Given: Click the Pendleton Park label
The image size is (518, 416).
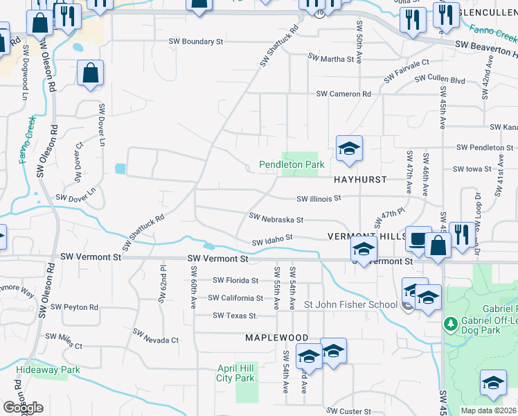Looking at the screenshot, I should pyautogui.click(x=292, y=165).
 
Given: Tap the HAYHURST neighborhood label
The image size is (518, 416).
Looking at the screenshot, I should pyautogui.click(x=360, y=179).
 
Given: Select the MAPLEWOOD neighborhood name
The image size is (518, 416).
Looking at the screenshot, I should pyautogui.click(x=276, y=338).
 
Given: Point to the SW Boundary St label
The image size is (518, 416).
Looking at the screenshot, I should pyautogui.click(x=196, y=42).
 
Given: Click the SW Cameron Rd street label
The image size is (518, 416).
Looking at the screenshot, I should pyautogui.click(x=343, y=94).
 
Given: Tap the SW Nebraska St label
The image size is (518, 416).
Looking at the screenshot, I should pyautogui.click(x=276, y=219).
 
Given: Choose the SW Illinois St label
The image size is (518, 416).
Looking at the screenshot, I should pyautogui.click(x=319, y=198).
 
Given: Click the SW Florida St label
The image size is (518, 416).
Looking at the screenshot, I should pyautogui.click(x=235, y=281).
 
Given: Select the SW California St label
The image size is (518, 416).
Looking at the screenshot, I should pyautogui.click(x=236, y=298).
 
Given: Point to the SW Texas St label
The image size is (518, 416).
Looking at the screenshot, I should pyautogui.click(x=235, y=315).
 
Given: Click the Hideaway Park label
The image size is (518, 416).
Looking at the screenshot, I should pyautogui.click(x=48, y=370).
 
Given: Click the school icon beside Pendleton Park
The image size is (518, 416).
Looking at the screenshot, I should pyautogui.click(x=349, y=148).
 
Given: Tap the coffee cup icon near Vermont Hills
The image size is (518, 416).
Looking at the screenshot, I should pyautogui.click(x=418, y=239).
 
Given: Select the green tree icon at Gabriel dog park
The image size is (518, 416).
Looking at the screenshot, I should pyautogui.click(x=451, y=324).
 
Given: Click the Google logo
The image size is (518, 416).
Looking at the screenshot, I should pyautogui.click(x=22, y=408).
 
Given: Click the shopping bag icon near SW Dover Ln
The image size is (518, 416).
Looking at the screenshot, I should pyautogui.click(x=91, y=73).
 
